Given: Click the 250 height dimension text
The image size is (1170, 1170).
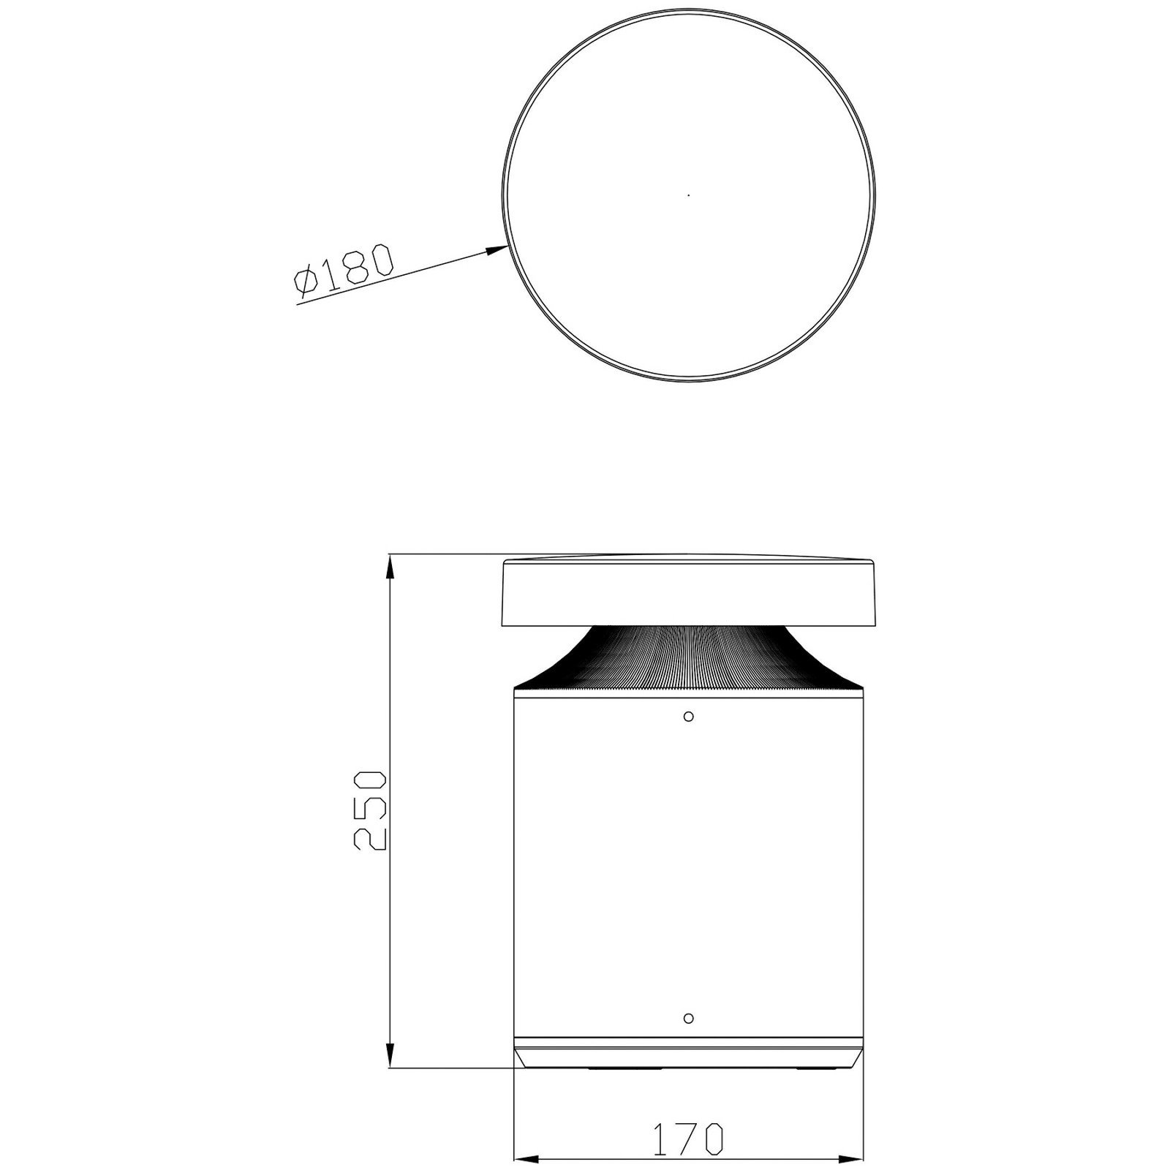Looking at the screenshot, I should coord(368,809).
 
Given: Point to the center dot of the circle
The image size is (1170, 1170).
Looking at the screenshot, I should coord(688,195).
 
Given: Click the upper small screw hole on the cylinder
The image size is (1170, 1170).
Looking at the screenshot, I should coord(688,716).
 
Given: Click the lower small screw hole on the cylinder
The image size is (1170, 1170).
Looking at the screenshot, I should coord(687,1018).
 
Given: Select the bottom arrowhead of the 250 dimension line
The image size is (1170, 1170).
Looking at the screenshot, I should coord(390,1059).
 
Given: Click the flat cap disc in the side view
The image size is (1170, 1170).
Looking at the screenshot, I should coord(687,591).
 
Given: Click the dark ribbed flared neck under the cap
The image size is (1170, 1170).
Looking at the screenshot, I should coord(687,658).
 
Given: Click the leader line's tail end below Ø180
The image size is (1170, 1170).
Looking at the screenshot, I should coord(298,303).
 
